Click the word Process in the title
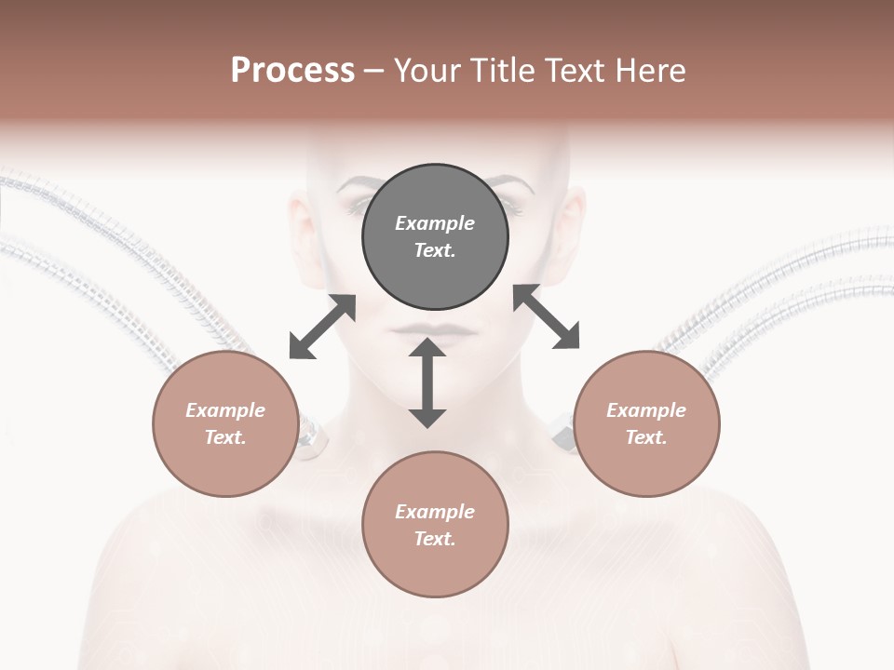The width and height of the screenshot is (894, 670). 292,71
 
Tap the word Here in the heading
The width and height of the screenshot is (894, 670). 649,71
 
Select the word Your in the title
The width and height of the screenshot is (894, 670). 427,71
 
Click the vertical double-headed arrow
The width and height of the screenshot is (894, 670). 427,382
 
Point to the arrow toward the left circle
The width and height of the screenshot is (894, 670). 322,327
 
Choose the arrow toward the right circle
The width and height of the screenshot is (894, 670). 546,316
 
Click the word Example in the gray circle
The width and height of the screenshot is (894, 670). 435,223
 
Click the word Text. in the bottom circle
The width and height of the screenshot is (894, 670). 435,539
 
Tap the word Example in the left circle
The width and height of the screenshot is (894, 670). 225,410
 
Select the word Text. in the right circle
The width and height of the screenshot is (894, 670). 646,437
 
